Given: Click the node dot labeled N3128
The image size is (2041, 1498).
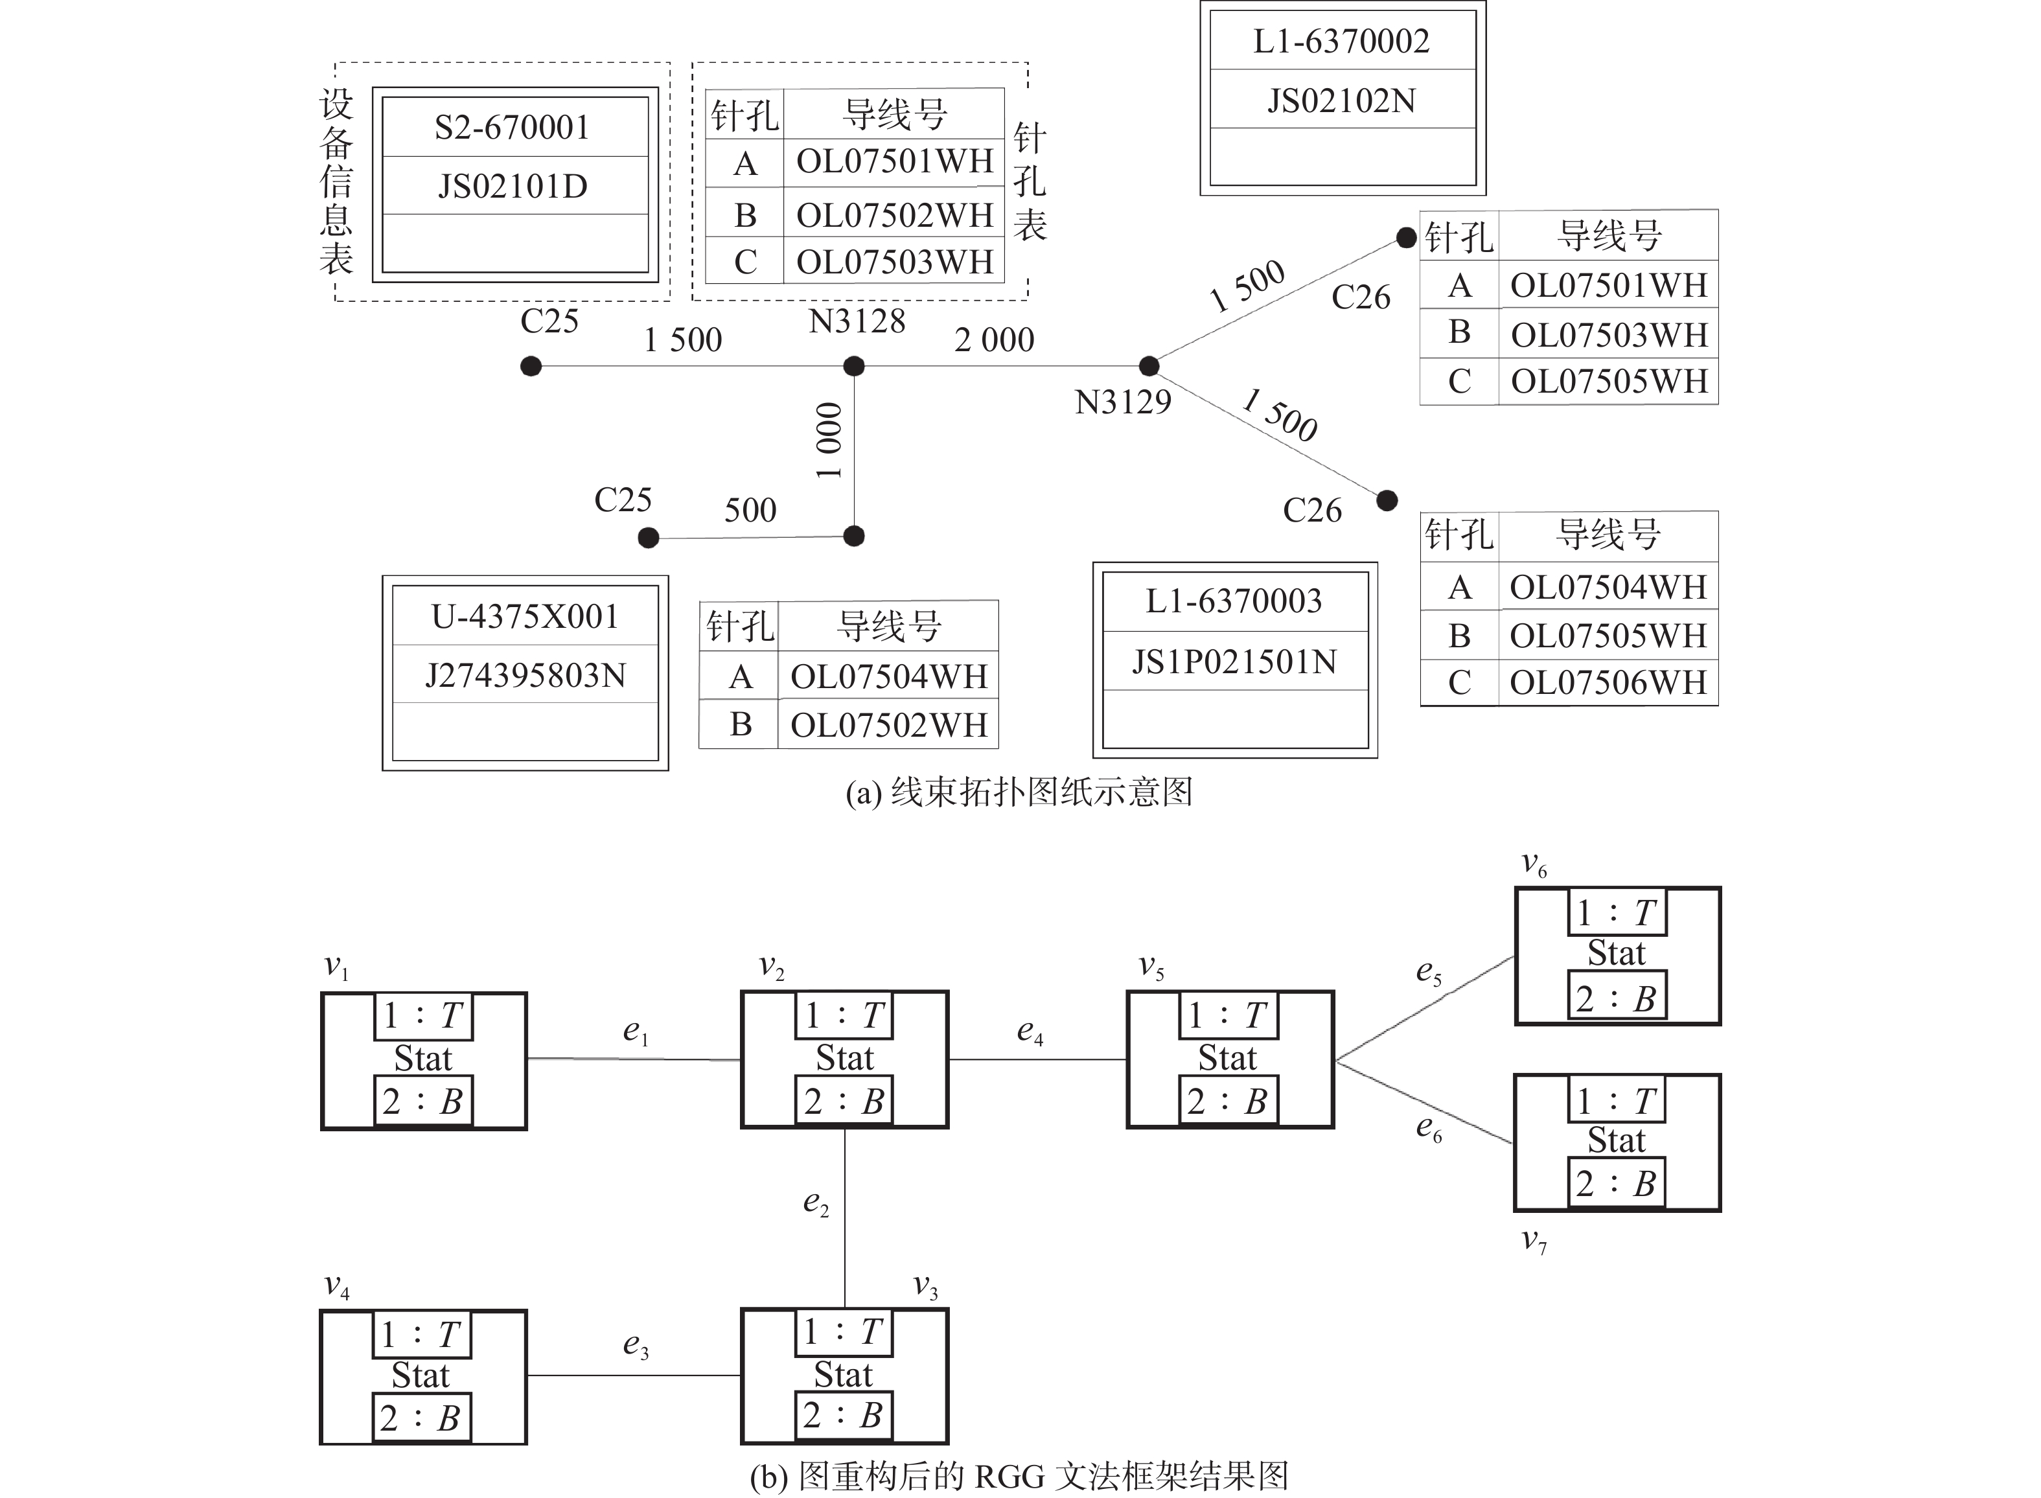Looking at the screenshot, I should [853, 366].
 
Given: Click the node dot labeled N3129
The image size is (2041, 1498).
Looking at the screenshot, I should [1149, 366].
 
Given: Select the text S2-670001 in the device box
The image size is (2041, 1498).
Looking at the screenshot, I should [513, 128].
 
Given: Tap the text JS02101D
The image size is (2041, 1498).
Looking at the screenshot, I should [513, 187].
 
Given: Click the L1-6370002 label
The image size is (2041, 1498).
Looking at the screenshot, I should [1341, 41].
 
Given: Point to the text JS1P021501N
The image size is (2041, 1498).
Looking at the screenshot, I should [1234, 662].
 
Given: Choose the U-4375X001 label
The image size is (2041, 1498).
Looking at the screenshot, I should [525, 617].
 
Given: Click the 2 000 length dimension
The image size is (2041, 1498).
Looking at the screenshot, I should [994, 340].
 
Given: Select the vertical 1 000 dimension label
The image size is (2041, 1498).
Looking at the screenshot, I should [829, 441].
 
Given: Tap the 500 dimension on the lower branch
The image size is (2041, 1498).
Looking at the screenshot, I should [750, 511].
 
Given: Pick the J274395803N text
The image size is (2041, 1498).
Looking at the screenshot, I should [525, 676].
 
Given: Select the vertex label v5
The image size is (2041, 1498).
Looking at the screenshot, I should [1151, 967].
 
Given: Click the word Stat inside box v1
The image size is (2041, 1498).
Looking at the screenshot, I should [422, 1058].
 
